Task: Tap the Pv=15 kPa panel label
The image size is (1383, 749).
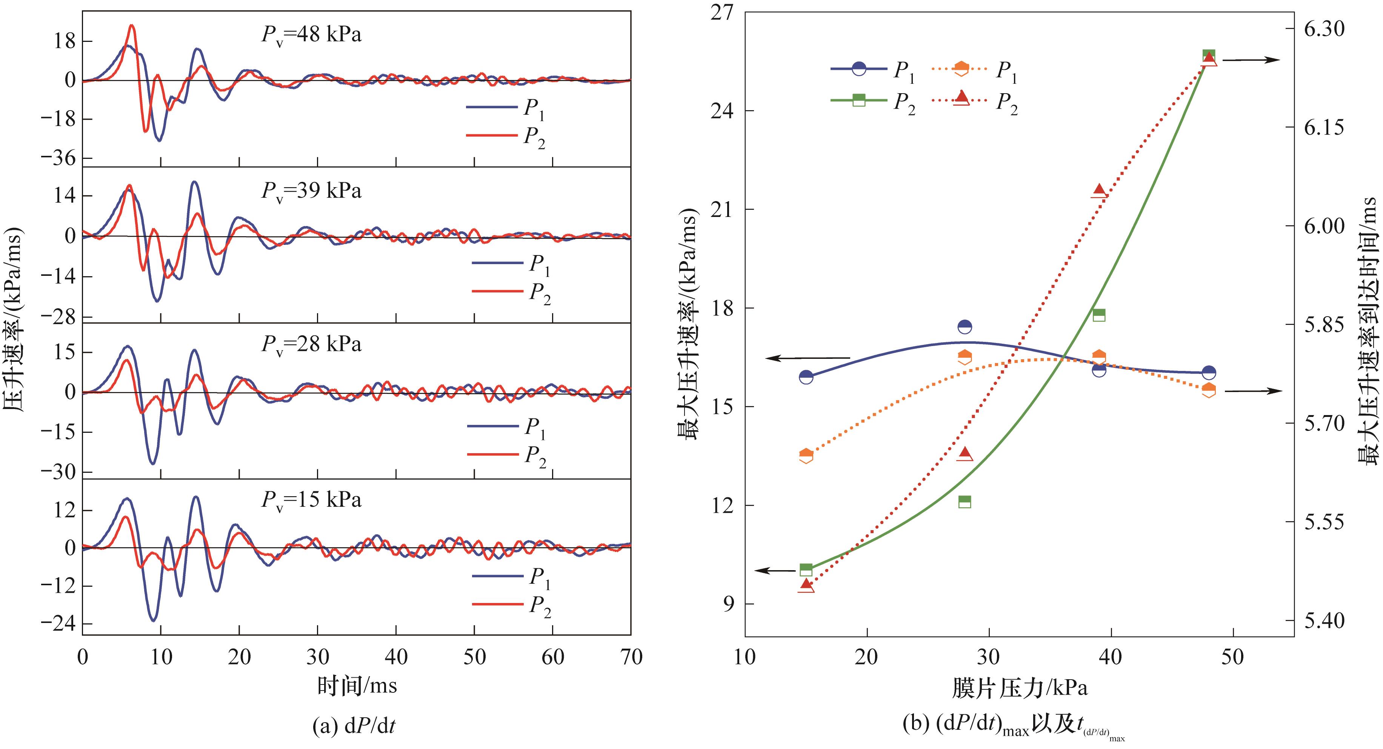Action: [311, 500]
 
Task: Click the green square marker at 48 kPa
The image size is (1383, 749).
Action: [1209, 55]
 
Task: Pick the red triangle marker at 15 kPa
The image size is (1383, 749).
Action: [806, 585]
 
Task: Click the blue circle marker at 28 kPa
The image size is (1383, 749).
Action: [965, 326]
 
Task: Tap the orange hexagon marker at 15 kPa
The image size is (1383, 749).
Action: [806, 456]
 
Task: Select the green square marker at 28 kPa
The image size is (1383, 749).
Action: [965, 501]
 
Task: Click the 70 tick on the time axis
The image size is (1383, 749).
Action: [630, 657]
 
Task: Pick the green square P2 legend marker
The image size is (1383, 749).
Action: [859, 100]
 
